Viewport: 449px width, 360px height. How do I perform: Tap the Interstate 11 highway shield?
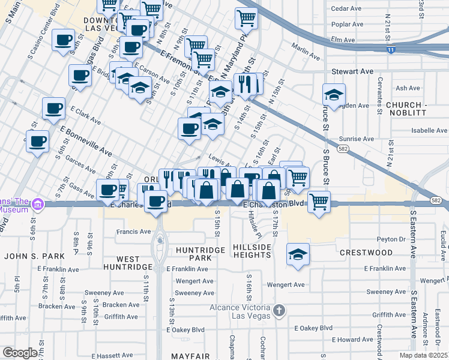pyautogui.click(x=391, y=50)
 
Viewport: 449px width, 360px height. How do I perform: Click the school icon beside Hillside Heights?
pyautogui.click(x=298, y=254)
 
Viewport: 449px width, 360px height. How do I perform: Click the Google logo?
pyautogui.click(x=20, y=352)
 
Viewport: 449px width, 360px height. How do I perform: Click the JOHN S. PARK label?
pyautogui.click(x=29, y=256)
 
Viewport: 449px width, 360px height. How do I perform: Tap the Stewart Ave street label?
pyautogui.click(x=352, y=71)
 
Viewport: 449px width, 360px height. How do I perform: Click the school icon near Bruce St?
pyautogui.click(x=334, y=95)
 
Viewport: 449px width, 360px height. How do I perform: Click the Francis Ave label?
pyautogui.click(x=134, y=231)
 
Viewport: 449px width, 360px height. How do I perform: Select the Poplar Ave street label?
pyautogui.click(x=348, y=25)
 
